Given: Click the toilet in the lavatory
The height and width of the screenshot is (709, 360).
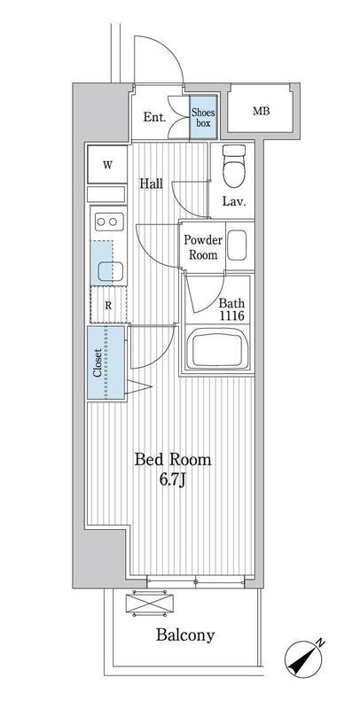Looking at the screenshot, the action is click(x=234, y=166).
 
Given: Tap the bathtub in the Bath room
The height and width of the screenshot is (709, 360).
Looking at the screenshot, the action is click(x=218, y=348).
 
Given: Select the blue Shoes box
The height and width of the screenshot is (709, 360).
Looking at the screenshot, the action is click(x=203, y=117).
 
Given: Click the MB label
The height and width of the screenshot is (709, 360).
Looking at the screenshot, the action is click(x=261, y=111).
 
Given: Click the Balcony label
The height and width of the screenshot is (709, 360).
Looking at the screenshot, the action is click(x=185, y=635).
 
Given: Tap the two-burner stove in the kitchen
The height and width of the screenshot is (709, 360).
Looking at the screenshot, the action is click(x=108, y=222).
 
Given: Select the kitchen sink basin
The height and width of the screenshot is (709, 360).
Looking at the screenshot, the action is click(x=111, y=270).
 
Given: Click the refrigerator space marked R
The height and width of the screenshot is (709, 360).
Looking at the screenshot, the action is click(x=108, y=305).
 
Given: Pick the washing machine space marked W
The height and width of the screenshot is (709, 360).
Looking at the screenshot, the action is click(x=107, y=165).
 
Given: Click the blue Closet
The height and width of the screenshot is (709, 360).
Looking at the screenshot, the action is click(x=106, y=362).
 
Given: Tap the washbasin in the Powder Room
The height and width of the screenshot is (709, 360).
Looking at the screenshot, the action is click(x=237, y=245).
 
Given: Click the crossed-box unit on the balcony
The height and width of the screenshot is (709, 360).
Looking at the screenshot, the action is click(x=150, y=604).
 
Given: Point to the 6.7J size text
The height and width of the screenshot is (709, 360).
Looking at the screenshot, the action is click(x=173, y=479).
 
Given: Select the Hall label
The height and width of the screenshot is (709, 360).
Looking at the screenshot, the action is click(x=151, y=183).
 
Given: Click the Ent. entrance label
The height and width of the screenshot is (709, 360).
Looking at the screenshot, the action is click(x=154, y=118).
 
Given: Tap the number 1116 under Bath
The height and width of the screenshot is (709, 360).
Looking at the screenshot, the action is click(x=232, y=316).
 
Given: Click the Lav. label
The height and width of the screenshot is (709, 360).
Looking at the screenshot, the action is click(x=234, y=202).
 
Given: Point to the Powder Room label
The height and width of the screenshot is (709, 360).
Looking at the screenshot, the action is click(x=203, y=247).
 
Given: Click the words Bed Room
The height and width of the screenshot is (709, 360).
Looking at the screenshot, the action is click(x=173, y=459).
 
